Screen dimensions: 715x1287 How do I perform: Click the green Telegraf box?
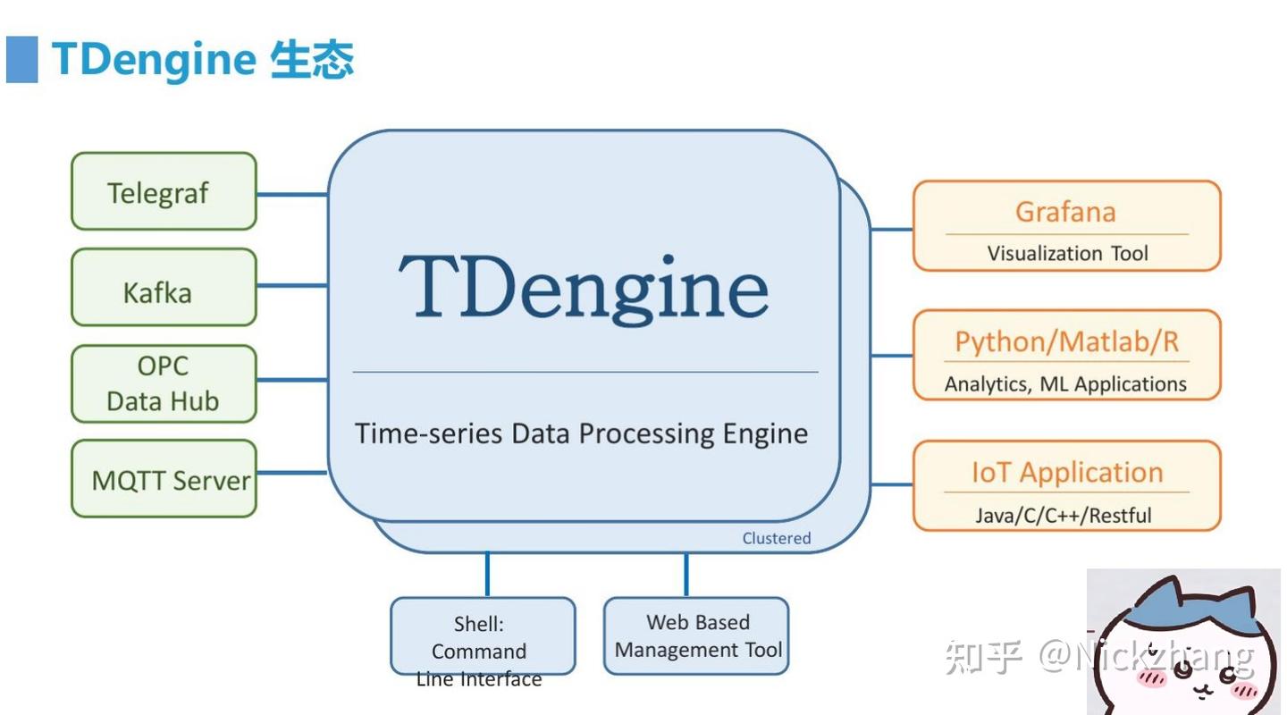tap(164, 191)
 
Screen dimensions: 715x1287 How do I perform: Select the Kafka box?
tap(164, 288)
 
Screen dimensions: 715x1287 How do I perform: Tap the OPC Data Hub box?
tap(164, 384)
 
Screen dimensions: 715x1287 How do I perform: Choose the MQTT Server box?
tap(164, 479)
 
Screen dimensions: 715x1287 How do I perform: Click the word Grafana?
tap(1065, 212)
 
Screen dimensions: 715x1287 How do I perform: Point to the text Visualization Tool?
tap(1067, 254)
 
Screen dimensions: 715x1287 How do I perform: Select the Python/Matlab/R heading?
tap(1066, 341)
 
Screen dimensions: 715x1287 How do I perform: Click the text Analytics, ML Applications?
tap(1065, 384)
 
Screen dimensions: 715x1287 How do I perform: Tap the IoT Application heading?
tap(1066, 472)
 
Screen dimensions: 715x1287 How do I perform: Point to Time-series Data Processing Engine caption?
tap(582, 433)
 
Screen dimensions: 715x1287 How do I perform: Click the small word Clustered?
tap(776, 538)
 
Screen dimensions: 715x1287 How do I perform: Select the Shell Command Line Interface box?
tap(483, 636)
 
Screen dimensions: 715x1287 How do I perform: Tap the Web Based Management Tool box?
tap(697, 636)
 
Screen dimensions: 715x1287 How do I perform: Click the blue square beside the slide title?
tap(22, 60)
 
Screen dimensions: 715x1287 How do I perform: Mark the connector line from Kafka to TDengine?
tap(292, 286)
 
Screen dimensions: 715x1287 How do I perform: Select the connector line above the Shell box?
tap(487, 574)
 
